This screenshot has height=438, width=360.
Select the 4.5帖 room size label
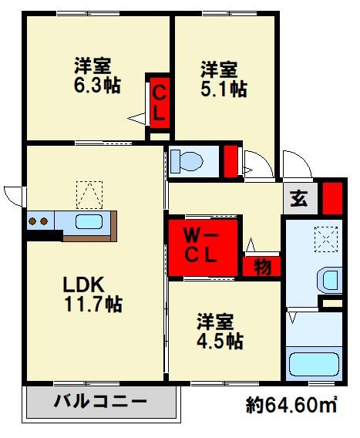220,340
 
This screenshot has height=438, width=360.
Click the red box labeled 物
262,267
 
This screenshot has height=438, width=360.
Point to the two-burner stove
40,222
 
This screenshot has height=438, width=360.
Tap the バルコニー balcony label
100,401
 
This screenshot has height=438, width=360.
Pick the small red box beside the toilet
230,160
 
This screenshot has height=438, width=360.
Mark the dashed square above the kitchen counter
89,195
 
